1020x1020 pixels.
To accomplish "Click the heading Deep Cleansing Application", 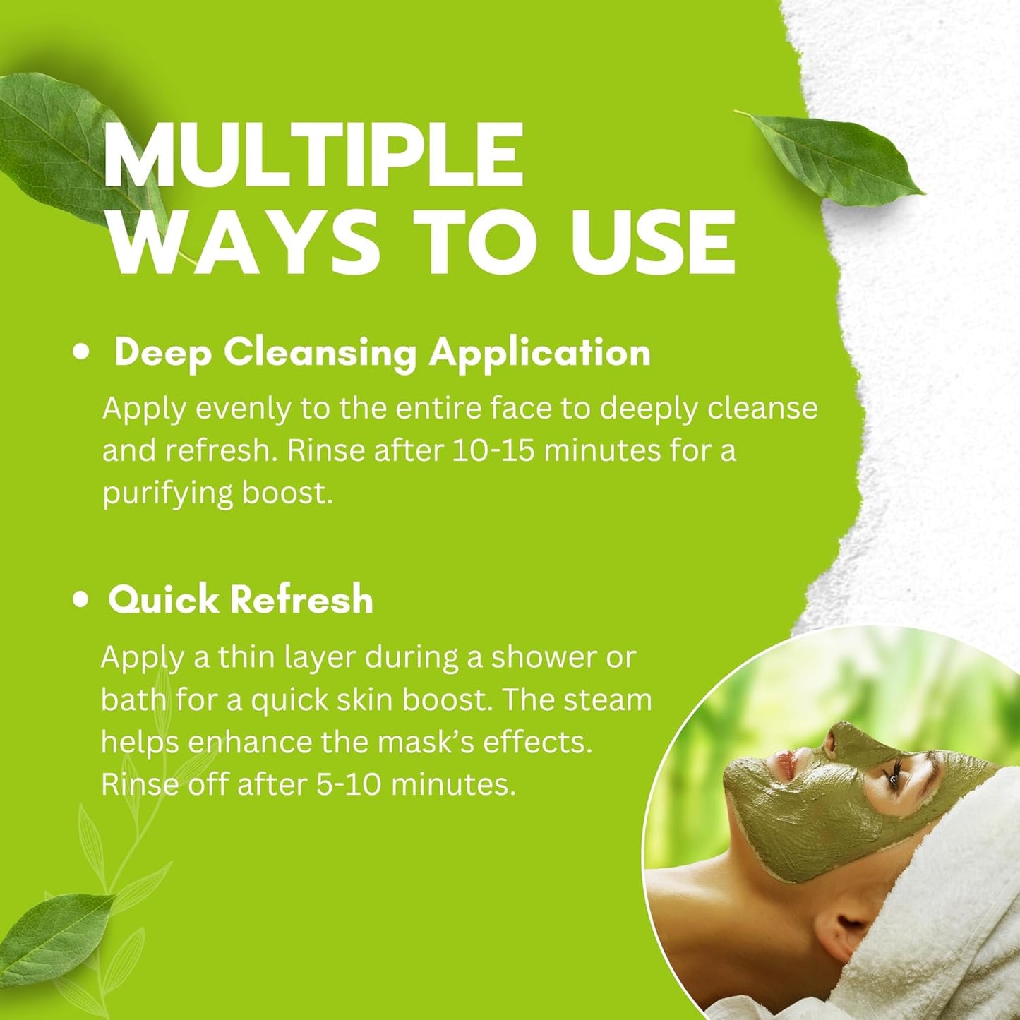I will click(382, 352).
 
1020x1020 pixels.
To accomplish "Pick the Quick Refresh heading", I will click(241, 600).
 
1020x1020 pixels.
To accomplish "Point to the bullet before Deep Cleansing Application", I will click(83, 352).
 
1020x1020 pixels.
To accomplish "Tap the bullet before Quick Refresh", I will click(81, 600).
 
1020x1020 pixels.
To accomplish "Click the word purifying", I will click(167, 493).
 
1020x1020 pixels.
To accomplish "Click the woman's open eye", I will click(894, 779).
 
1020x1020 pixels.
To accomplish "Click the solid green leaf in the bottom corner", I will click(53, 929).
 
